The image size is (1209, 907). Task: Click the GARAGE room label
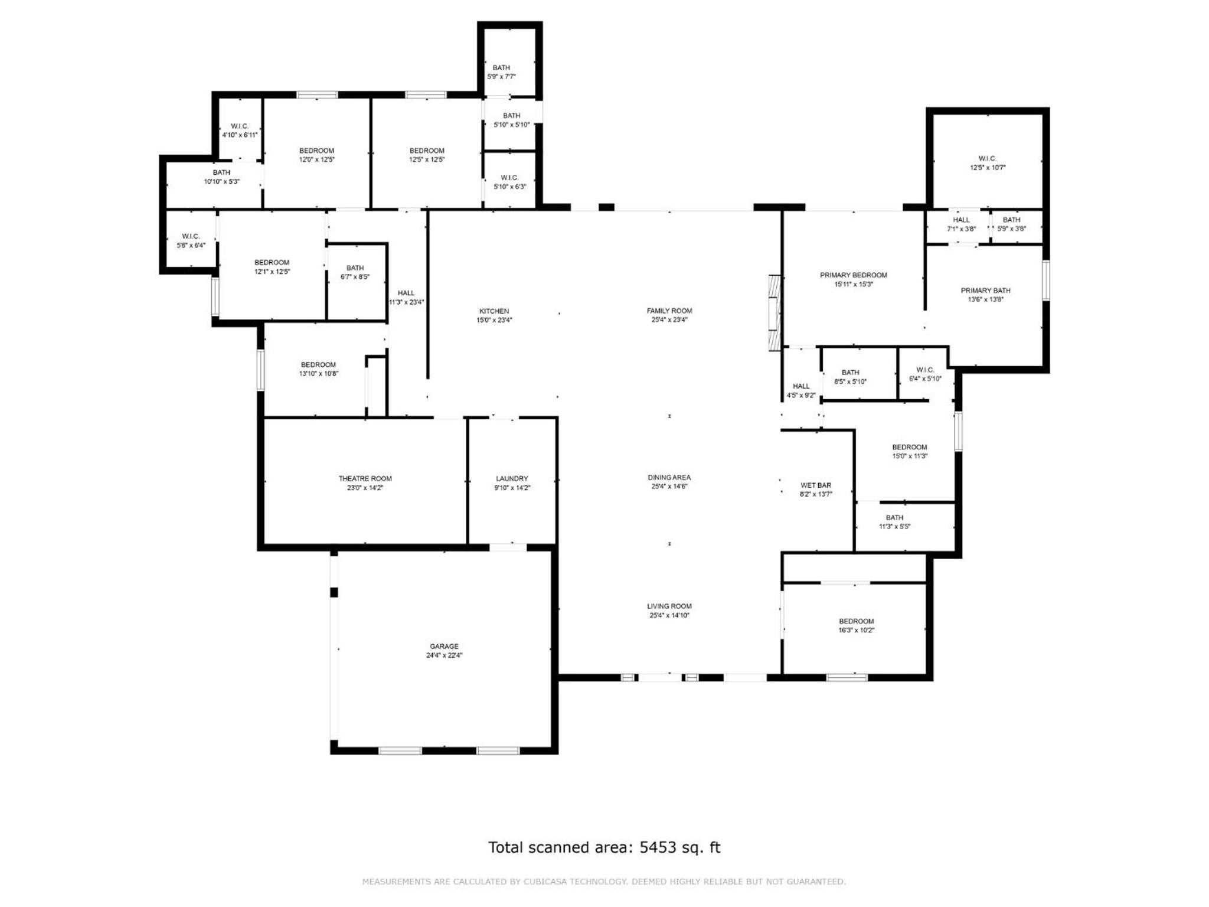444,646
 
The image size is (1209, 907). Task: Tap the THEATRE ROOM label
365,478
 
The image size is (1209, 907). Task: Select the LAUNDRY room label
512,478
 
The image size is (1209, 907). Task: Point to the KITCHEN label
494,311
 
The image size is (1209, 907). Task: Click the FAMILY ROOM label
669,311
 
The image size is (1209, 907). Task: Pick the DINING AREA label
669,477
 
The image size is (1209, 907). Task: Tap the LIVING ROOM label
669,606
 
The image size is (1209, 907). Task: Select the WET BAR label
816,485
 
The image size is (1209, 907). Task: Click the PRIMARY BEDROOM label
854,275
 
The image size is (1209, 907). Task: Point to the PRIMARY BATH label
985,291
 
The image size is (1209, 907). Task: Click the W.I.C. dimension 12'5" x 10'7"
988,168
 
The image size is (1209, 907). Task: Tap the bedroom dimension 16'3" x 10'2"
857,630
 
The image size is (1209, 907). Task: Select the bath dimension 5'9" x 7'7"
501,77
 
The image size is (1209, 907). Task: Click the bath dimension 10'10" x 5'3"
221,182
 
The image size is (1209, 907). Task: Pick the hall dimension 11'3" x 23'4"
406,302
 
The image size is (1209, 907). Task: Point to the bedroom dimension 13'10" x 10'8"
319,374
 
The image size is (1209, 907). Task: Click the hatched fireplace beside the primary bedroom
775,313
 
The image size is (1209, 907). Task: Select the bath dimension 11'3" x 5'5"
894,527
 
